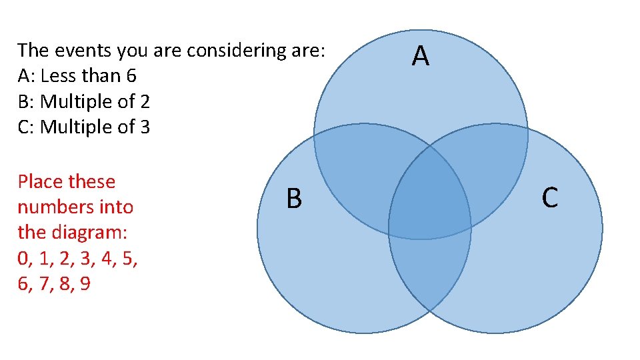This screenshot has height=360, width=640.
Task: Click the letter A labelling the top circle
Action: (x=420, y=57)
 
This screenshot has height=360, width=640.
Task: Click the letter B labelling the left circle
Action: (x=294, y=199)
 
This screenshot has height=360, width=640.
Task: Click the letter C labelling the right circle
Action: (x=550, y=197)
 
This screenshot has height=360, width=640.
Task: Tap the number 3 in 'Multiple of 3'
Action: (x=145, y=127)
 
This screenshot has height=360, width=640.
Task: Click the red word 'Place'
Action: (x=41, y=181)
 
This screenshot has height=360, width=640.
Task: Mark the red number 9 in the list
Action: (x=85, y=284)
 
